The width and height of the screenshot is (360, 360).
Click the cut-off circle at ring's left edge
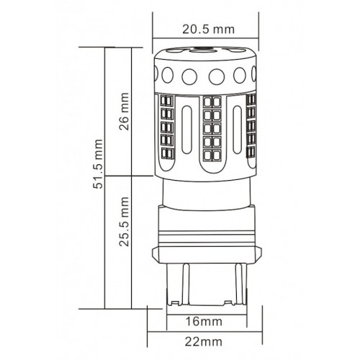[x=160, y=74]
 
